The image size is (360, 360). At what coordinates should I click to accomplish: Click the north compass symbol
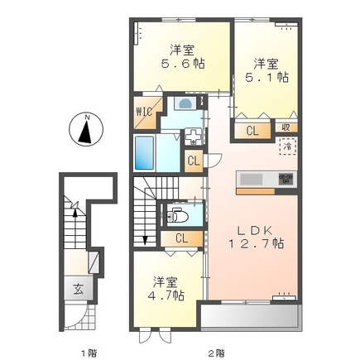coord(85,129)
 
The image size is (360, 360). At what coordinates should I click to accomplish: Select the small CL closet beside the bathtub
coord(194,161)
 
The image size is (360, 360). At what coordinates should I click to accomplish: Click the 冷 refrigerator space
coord(286,147)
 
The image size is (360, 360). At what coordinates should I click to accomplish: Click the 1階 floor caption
coord(88,353)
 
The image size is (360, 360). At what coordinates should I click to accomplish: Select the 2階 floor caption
coord(216,353)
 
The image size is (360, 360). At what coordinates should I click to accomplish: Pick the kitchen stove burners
coord(286,179)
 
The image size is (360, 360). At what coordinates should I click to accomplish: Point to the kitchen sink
coord(250,179)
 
